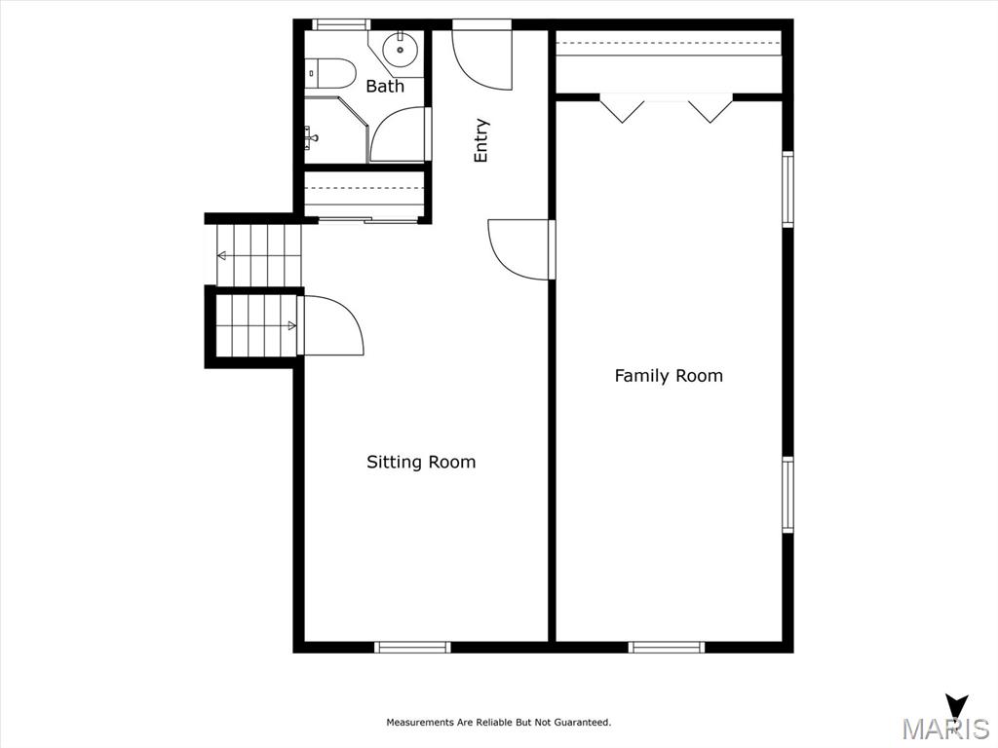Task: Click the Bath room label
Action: tap(385, 86)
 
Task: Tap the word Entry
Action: tap(481, 140)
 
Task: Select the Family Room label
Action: tap(669, 376)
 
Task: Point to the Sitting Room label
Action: tap(421, 462)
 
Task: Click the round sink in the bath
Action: tap(400, 49)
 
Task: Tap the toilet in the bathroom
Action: tap(329, 74)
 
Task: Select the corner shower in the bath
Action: tap(336, 131)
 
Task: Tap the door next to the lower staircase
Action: tap(331, 324)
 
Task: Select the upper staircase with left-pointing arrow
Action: tap(257, 256)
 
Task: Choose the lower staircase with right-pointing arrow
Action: tap(256, 326)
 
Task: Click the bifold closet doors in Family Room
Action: tap(667, 108)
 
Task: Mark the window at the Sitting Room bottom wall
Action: tap(412, 647)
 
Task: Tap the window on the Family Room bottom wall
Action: tap(667, 647)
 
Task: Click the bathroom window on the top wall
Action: tap(341, 24)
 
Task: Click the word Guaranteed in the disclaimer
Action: tap(583, 722)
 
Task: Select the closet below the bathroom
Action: tap(365, 194)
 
